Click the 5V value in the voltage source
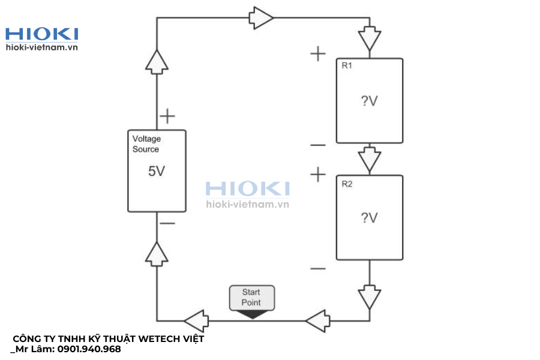pos(157,171)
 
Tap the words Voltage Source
pos(146,144)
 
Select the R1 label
pos(347,65)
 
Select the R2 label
pos(347,184)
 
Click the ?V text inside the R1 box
pos(369,101)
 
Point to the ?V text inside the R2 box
pos(369,218)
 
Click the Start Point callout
pos(252,298)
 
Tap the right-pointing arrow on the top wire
pos(261,18)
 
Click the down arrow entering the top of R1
pos(370,38)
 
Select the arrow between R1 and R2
pos(370,159)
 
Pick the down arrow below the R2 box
pos(370,297)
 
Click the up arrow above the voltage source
pos(157,62)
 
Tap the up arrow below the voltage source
pos(157,254)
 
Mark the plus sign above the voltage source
pos(167,116)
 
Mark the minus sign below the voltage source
pos(167,223)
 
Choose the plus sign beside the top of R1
pos(318,54)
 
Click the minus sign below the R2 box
pos(318,268)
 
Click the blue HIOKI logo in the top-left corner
pos(41,34)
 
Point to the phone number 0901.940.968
pos(89,349)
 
